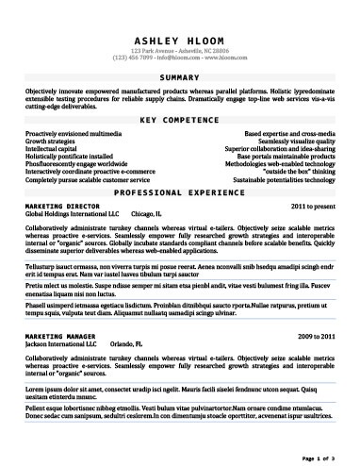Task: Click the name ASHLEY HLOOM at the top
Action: (x=180, y=42)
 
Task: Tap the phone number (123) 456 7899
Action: (x=134, y=59)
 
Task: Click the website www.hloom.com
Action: (x=222, y=59)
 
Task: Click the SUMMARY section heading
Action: (x=180, y=75)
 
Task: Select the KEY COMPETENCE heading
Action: (x=180, y=122)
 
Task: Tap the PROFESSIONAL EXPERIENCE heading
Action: (x=180, y=191)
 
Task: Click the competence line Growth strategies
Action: (x=53, y=141)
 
